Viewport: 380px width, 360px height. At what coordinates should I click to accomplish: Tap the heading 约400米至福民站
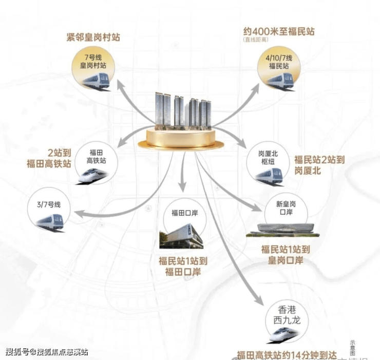coord(277,32)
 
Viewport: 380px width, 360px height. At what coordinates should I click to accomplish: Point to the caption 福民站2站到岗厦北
coord(319,165)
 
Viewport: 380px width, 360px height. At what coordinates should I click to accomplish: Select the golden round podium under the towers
coord(186,138)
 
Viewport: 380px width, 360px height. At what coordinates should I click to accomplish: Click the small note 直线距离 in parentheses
coord(256,40)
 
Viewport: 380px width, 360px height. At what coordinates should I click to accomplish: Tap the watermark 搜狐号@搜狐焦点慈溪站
coord(47,352)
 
